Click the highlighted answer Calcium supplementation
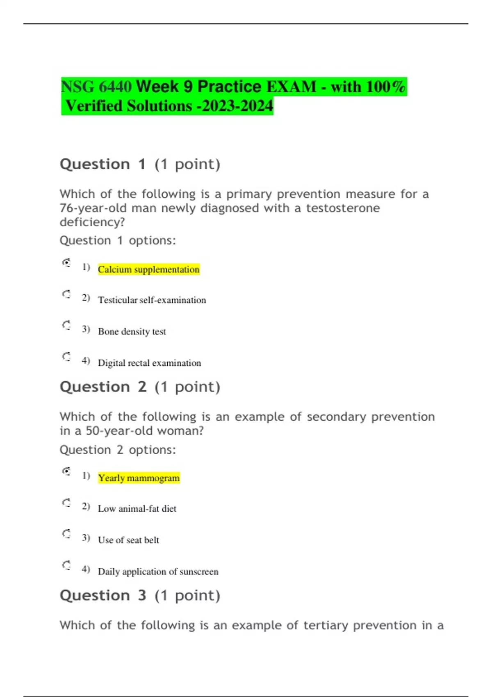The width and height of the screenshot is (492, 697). click(x=148, y=269)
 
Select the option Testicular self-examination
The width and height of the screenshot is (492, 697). click(x=152, y=300)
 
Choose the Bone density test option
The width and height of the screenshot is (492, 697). click(x=132, y=331)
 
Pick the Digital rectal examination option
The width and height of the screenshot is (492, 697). click(x=149, y=363)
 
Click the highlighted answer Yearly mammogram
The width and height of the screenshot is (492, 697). click(x=139, y=478)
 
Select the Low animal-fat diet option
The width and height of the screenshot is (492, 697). click(x=137, y=509)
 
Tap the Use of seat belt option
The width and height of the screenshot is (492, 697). click(x=128, y=540)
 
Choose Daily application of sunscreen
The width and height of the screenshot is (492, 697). click(x=158, y=572)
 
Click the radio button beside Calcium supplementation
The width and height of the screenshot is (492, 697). click(x=66, y=262)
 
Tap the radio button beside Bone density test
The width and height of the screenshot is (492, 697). click(x=66, y=325)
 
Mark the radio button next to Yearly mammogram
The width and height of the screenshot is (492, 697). click(x=66, y=471)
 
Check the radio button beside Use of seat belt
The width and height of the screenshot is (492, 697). click(x=66, y=534)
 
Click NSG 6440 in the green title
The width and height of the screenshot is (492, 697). click(x=96, y=87)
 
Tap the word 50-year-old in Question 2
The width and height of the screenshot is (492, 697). click(x=119, y=431)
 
